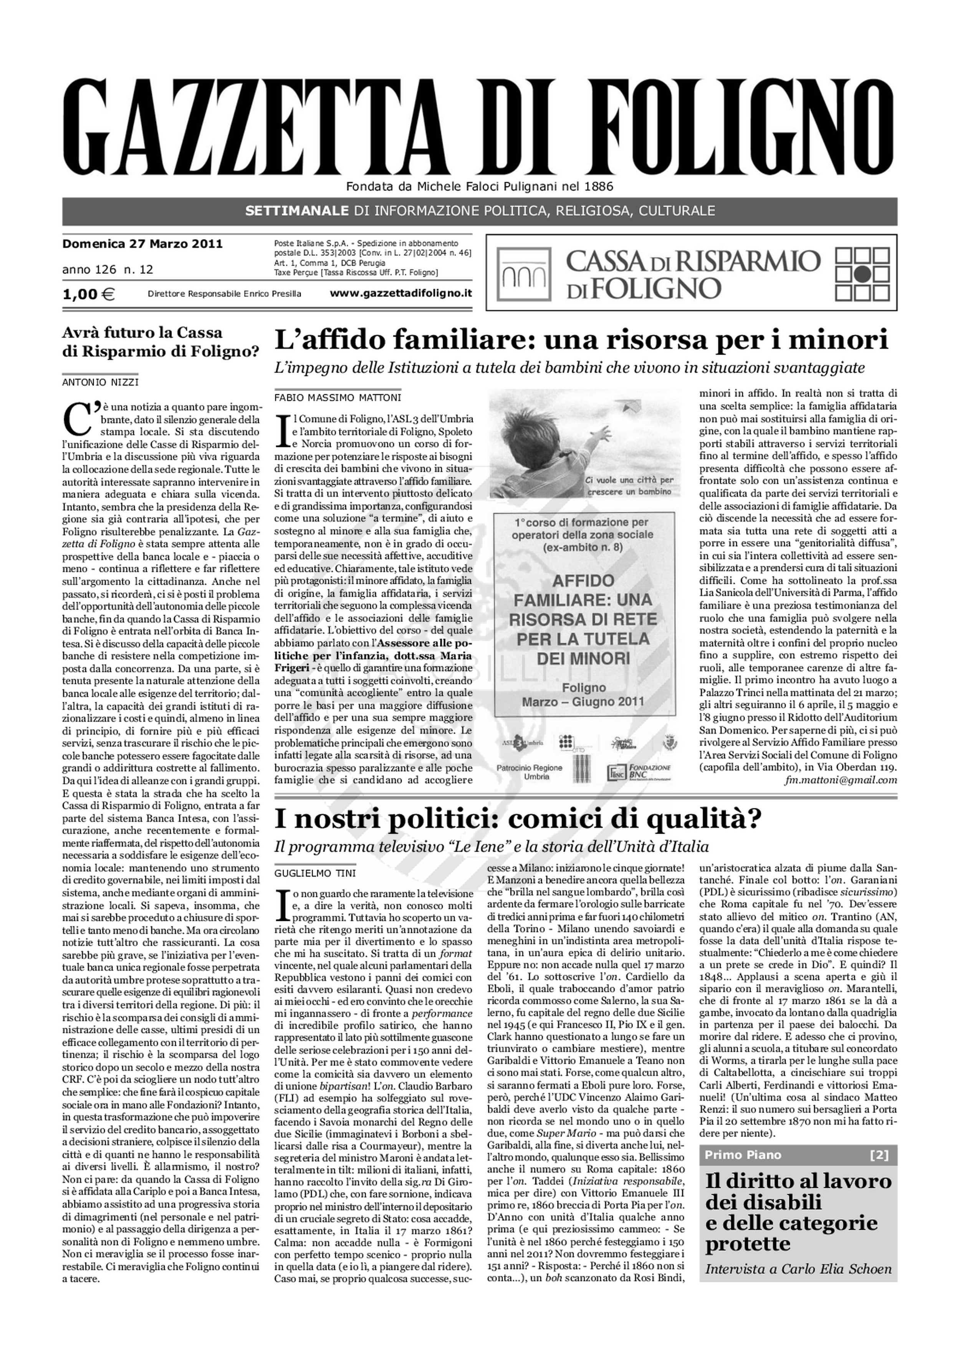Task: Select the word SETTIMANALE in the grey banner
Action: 297,211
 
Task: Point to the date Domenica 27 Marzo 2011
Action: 142,244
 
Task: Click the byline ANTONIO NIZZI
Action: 101,382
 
